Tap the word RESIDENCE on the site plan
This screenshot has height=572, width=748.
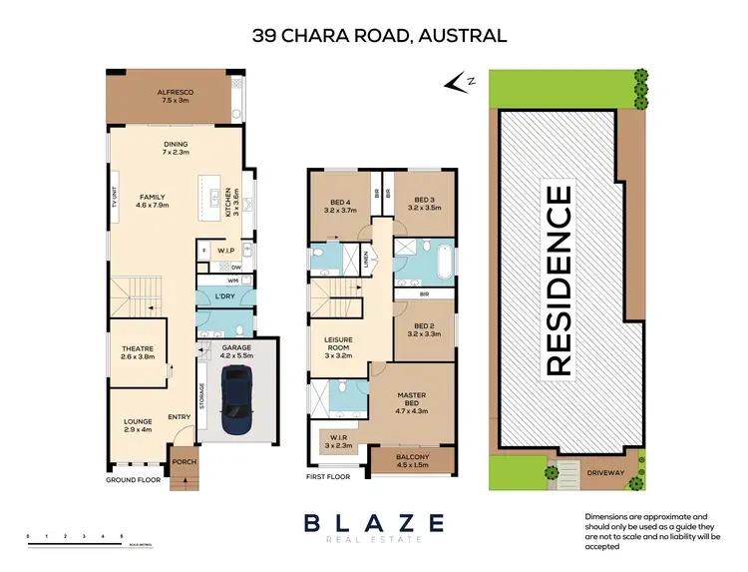click(559, 280)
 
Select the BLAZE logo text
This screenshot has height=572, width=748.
click(374, 522)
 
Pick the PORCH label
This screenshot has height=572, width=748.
click(183, 462)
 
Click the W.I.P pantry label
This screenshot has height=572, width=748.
click(227, 251)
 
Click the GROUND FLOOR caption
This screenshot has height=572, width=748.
click(133, 479)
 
